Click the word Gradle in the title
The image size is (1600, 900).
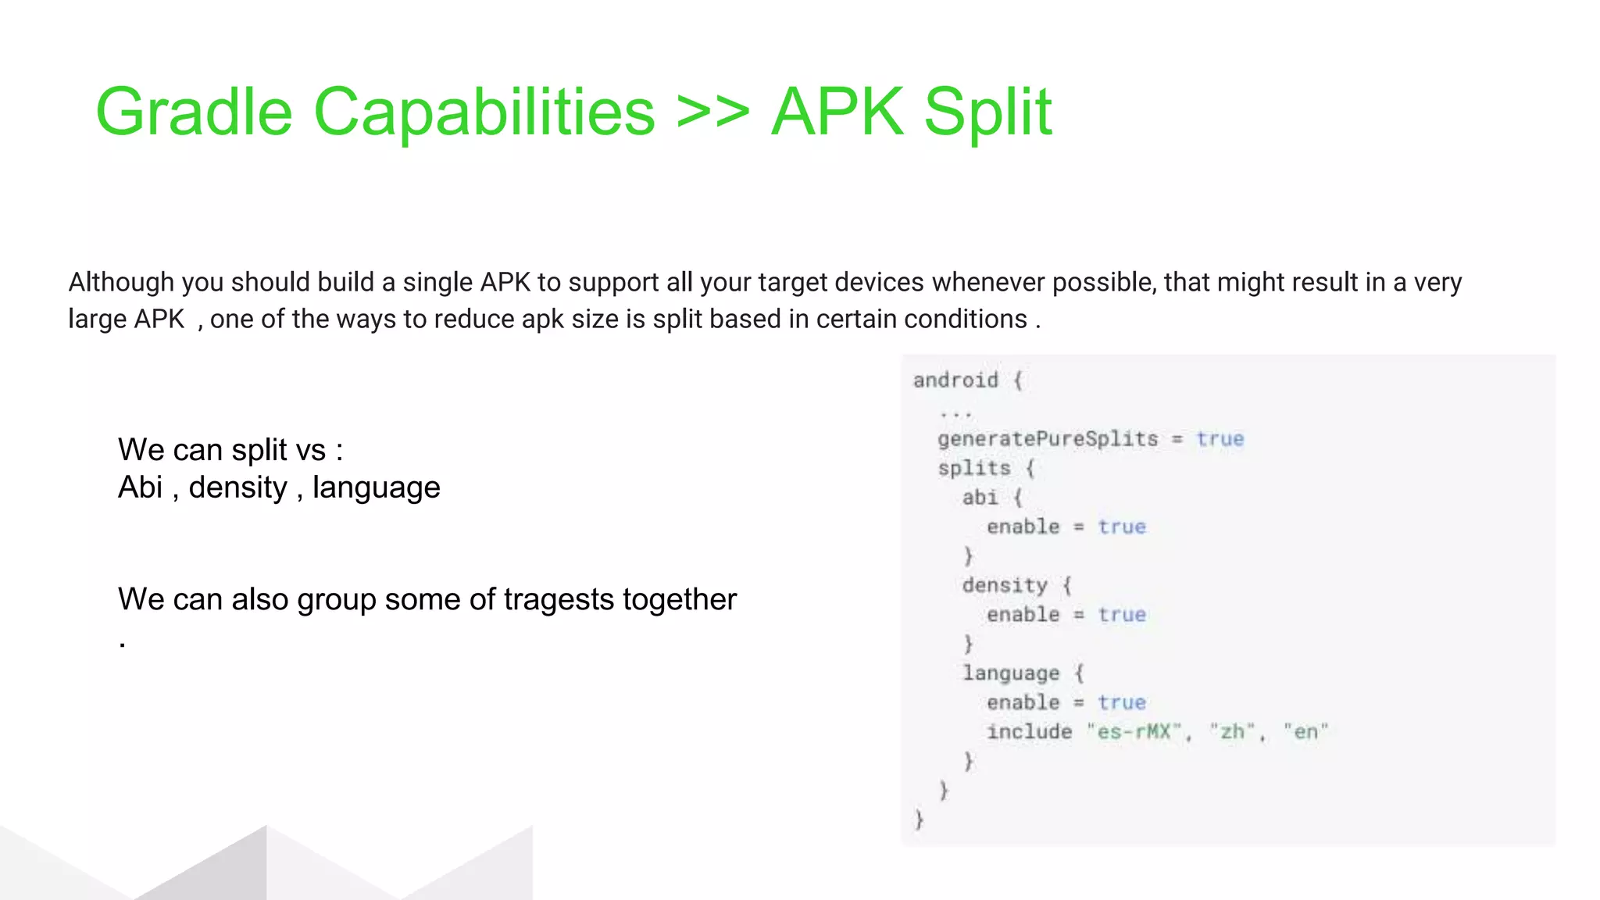194,112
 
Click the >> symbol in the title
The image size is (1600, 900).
712,112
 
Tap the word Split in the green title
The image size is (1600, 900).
987,112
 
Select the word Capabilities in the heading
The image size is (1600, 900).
484,112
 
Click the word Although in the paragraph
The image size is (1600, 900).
121,282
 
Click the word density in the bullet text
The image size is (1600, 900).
238,487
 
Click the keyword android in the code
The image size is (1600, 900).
955,380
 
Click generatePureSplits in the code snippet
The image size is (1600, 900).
1048,439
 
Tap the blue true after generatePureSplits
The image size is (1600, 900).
1220,439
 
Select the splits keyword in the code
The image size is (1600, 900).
974,468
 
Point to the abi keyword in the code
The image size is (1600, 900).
980,498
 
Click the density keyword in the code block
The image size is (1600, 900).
1005,585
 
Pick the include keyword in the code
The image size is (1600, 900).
1029,732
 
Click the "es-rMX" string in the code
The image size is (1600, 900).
1134,732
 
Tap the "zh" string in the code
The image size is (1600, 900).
1232,732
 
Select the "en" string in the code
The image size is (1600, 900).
1305,732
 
